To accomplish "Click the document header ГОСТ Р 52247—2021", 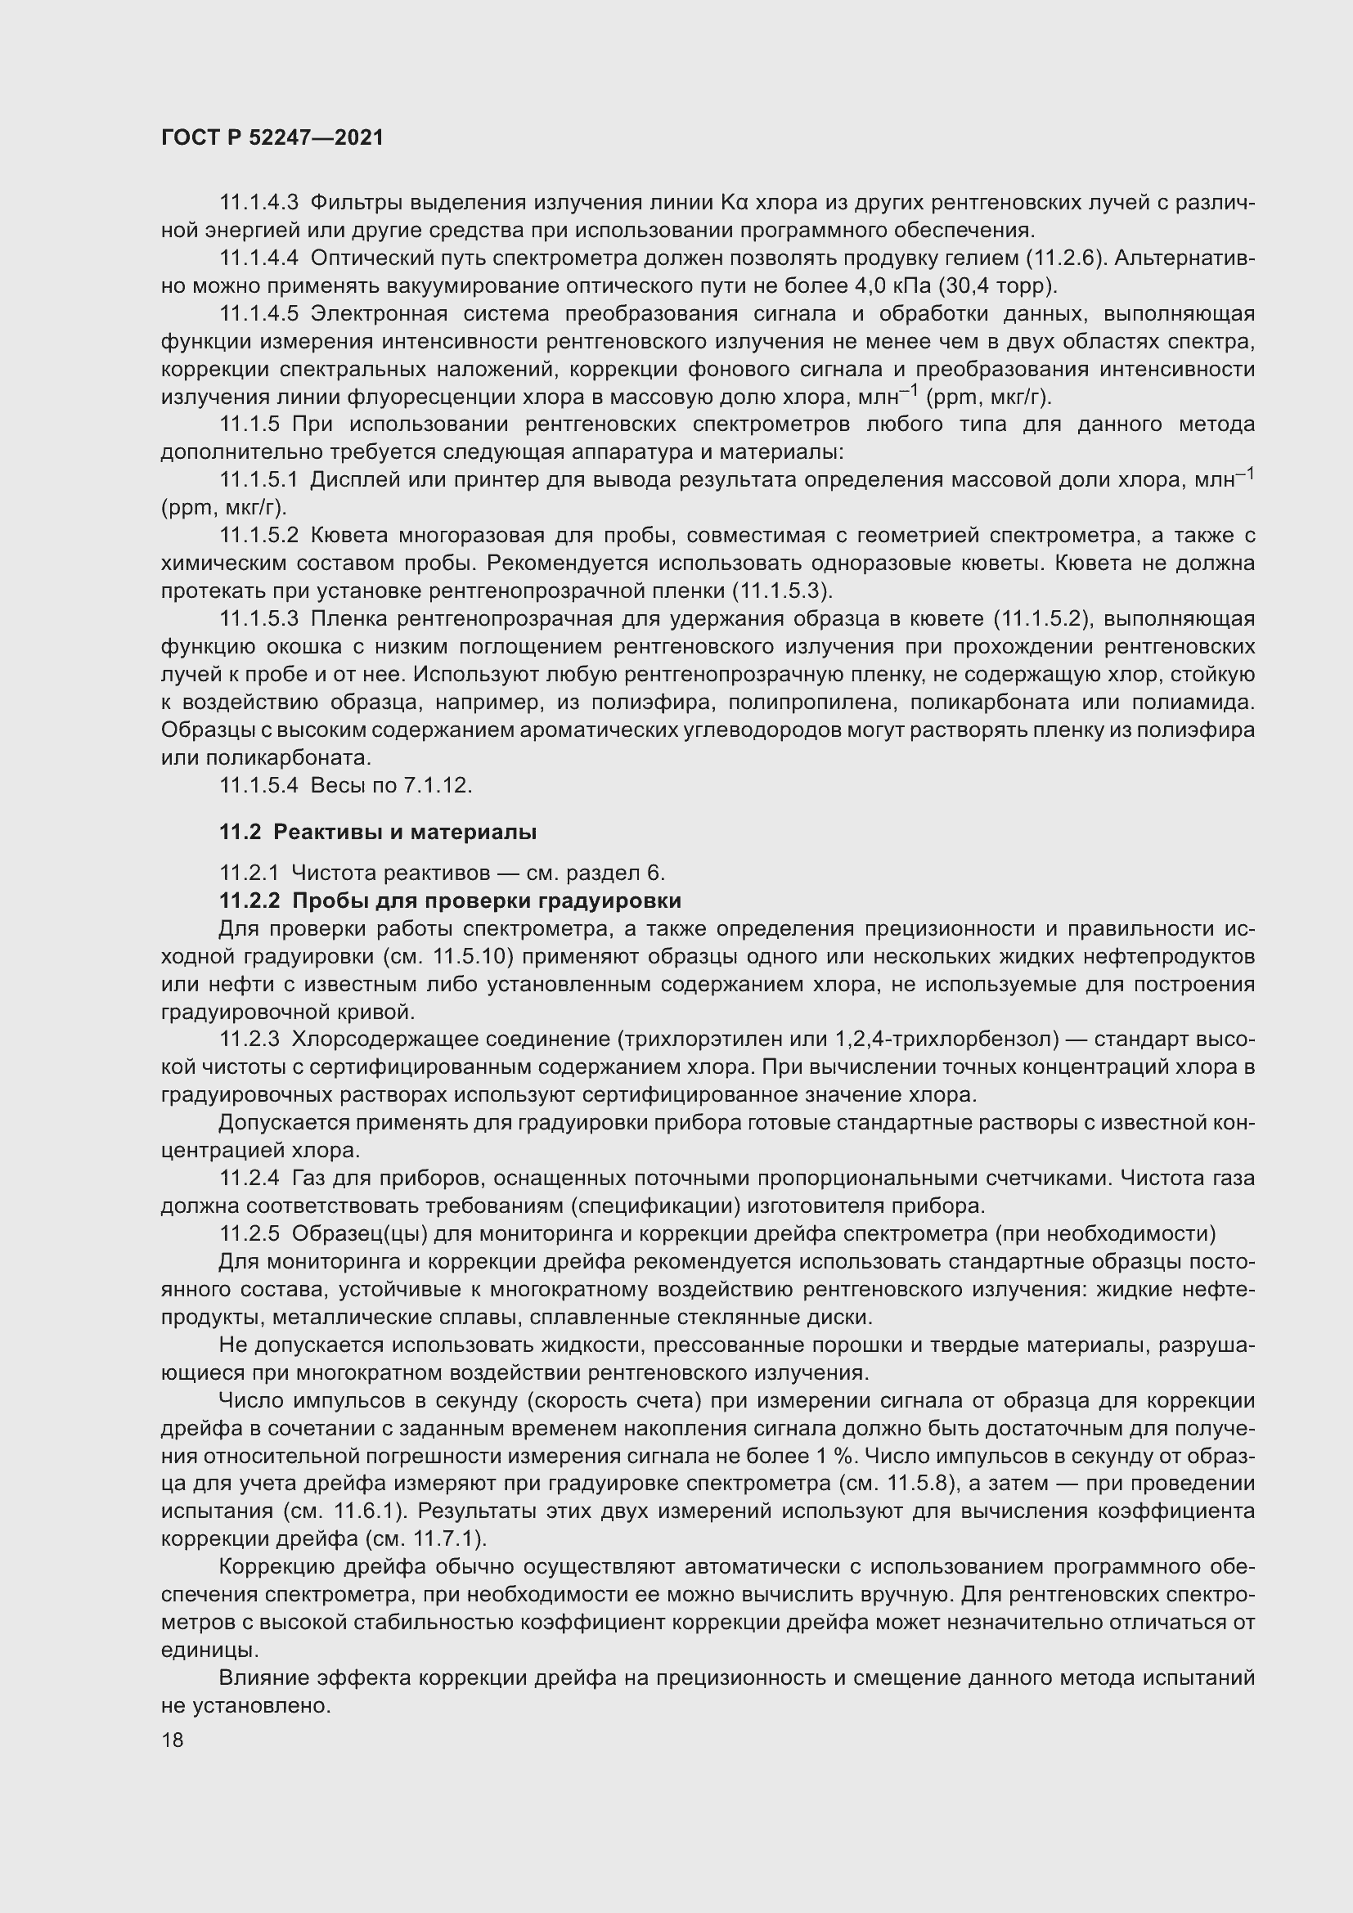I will coord(272,138).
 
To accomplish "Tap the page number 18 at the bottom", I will coord(173,1740).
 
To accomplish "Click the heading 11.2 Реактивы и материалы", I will coord(377,832).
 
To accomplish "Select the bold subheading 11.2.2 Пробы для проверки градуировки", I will coord(450,900).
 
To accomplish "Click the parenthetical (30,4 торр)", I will coord(997,285).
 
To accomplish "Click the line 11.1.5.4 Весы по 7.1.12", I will coord(345,785).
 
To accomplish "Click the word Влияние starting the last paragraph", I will coord(266,1678).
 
